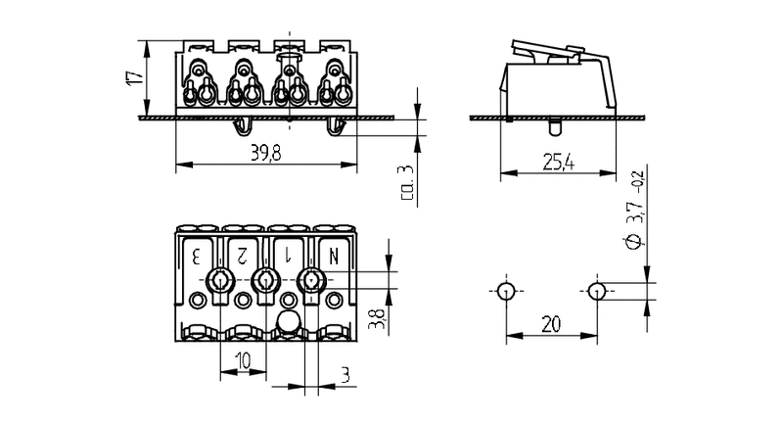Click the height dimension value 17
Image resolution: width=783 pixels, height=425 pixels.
pos(134,77)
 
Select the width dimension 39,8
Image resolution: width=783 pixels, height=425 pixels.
pos(266,154)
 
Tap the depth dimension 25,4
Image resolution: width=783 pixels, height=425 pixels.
pos(558,163)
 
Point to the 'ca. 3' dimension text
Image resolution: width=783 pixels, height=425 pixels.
pos(407,182)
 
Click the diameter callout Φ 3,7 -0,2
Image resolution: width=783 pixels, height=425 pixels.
pos(634,210)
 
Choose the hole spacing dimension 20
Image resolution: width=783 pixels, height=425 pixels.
pos(551,324)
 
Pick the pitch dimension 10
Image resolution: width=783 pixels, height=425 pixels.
pos(243,360)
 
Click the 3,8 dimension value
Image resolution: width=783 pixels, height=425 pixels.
pos(377,319)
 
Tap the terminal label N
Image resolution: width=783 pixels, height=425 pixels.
pos(333,257)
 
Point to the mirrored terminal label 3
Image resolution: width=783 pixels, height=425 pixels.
pos(197,257)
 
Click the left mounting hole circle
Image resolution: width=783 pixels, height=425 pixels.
pos(506,291)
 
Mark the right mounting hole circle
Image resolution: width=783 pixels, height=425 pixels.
pos(597,291)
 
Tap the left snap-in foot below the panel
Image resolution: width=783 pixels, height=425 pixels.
pos(243,127)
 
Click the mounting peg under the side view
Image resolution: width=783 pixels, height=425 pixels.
pos(555,127)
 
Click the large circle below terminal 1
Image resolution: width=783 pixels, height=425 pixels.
pos(289,321)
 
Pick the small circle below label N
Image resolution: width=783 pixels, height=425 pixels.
pos(334,300)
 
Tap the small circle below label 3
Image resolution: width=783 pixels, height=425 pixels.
pos(198,300)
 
